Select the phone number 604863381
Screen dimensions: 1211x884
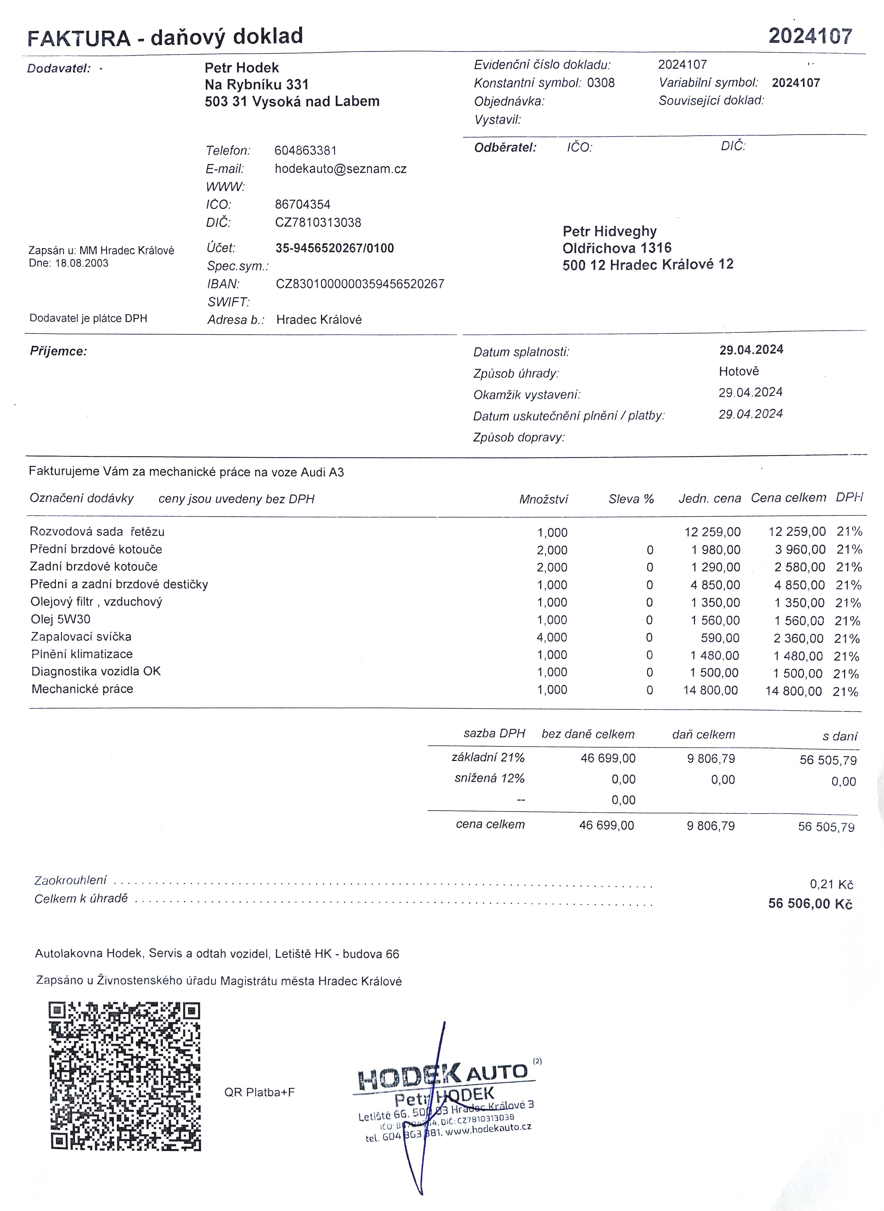[x=305, y=150]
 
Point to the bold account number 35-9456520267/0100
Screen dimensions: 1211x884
[x=334, y=248]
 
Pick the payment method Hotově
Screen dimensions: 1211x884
[x=738, y=372]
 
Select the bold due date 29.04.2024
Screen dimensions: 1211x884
[x=751, y=350]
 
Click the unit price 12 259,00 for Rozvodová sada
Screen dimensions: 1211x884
[x=712, y=532]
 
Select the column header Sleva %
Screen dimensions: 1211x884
[x=631, y=499]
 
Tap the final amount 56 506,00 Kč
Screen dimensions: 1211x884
[x=810, y=904]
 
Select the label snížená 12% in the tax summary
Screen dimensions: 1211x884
[x=489, y=778]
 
